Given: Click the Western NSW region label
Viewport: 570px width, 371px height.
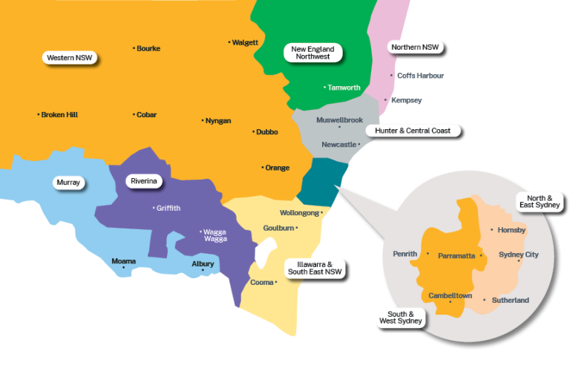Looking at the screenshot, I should pos(71,57).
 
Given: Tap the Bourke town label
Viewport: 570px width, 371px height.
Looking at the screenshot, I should pos(148,49).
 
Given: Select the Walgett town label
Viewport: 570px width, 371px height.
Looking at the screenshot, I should pos(245,42).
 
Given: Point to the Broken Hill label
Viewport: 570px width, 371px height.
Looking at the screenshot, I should pos(59,115).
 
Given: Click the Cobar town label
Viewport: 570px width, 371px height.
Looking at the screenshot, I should pos(146,115).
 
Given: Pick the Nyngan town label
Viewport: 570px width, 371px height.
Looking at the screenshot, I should pos(217,121).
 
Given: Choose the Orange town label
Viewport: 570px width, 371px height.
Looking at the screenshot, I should pos(277,168).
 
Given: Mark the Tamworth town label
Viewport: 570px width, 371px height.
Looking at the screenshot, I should pos(344,88).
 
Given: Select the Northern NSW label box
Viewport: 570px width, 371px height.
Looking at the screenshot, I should pos(416,47).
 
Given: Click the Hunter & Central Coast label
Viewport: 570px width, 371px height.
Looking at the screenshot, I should pos(413,131).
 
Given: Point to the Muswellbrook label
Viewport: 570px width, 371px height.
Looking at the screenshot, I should pos(338,119).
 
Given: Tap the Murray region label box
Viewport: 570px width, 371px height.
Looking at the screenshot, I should pos(68,182).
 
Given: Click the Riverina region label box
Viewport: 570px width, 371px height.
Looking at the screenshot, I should pos(143,181).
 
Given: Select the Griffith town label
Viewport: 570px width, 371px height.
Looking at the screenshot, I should pos(168,209).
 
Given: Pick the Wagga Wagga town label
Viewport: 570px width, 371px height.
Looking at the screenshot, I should pos(216,236).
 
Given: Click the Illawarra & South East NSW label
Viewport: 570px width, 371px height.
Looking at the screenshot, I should pos(315,268).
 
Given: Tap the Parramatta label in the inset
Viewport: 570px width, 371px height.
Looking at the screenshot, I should pos(456,256).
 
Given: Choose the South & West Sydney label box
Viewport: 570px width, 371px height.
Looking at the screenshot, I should pos(400,318).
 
